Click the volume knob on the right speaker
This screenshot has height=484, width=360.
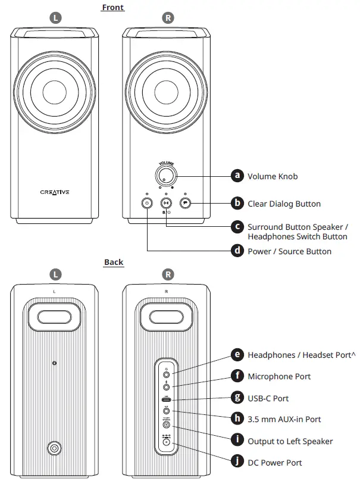166,175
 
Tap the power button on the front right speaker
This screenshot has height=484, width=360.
147,203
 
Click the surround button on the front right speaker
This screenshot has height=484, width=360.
166,203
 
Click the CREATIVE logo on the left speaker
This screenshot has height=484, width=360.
54,192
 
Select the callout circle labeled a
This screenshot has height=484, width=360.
237,176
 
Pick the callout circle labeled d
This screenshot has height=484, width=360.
237,251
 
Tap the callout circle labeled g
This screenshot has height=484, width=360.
237,398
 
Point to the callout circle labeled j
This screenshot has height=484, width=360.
237,462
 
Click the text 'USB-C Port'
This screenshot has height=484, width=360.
268,398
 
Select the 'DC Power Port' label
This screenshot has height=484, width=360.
274,463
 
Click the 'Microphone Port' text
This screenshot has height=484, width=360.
278,376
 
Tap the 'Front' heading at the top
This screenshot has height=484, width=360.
113,7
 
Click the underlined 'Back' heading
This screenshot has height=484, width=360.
114,262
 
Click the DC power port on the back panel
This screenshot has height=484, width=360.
166,441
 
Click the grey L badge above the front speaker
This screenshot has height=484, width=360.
55,18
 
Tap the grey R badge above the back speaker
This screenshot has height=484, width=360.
168,274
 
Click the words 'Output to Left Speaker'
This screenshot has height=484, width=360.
290,441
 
